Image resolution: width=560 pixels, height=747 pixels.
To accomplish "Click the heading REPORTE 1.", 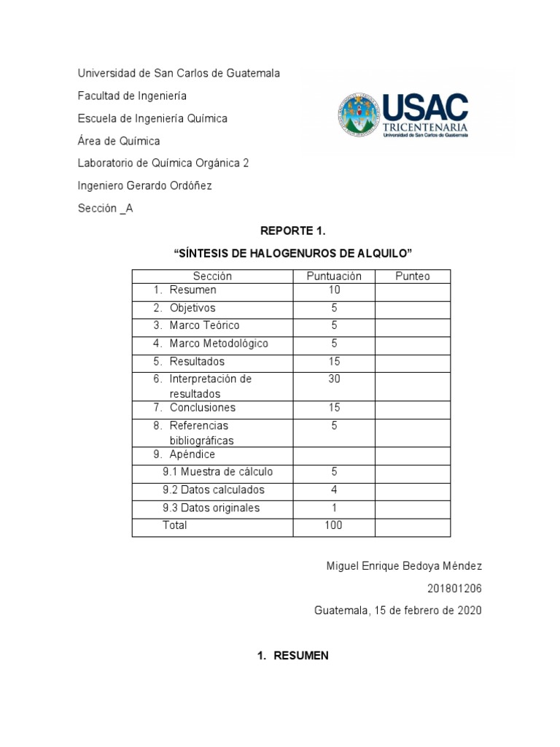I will tap(292, 231).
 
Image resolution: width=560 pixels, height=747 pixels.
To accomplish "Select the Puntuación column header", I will tap(334, 276).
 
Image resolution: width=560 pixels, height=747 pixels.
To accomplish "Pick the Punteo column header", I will tap(413, 276).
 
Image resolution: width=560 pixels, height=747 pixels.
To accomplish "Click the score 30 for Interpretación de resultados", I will tap(334, 379).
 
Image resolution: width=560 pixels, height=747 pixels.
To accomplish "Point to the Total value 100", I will tap(334, 525).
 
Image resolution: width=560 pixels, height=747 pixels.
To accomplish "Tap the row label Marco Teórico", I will tap(204, 325).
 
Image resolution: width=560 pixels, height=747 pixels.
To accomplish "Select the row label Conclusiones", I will tap(202, 408).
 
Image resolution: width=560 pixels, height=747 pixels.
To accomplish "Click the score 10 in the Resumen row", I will tap(334, 290).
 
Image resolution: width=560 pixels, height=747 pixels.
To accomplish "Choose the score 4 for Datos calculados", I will tap(334, 490).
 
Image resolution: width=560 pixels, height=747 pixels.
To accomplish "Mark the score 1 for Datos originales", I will tap(334, 508).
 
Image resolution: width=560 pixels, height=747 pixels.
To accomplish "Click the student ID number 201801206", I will tap(455, 588).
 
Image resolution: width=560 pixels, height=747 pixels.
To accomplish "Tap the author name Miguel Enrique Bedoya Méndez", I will tap(403, 566).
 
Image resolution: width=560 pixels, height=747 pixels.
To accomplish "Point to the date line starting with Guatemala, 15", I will tap(398, 610).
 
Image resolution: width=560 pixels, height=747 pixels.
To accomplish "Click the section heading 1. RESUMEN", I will tap(292, 656).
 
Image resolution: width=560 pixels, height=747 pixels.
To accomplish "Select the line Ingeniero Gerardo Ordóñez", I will tap(145, 186).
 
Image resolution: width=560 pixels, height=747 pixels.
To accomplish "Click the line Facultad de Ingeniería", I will tap(132, 96).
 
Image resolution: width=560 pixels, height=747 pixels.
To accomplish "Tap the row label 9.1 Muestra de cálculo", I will tap(217, 472).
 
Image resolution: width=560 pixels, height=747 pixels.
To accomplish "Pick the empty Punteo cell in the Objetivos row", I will tap(413, 309).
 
